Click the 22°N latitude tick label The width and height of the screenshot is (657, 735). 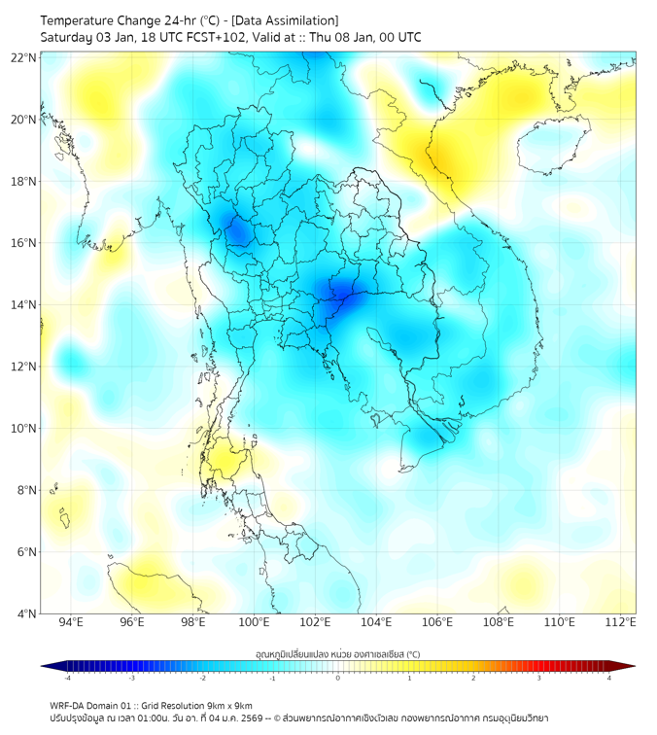24,57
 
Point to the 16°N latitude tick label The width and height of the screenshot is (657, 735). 24,243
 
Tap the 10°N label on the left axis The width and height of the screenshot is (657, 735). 24,429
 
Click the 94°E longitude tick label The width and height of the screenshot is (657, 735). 71,622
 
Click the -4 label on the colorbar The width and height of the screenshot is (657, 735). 67,678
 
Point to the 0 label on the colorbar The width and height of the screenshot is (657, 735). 338,678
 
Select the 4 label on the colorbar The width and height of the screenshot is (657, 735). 608,678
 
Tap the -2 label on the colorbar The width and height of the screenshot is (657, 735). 202,678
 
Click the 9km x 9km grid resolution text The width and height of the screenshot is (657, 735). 227,705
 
